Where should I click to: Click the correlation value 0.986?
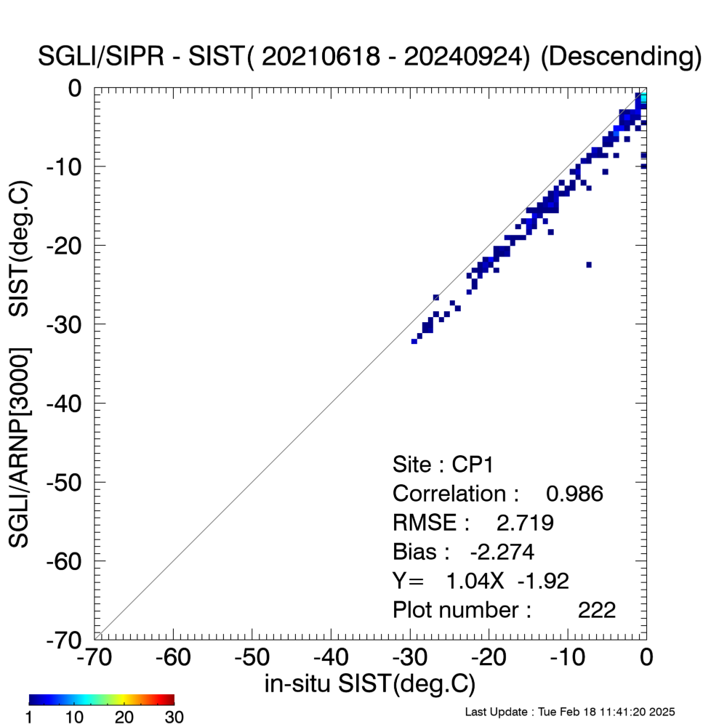click(x=574, y=494)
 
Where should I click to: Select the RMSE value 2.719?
click(x=525, y=523)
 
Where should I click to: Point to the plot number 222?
click(x=597, y=610)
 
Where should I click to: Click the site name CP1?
click(x=473, y=465)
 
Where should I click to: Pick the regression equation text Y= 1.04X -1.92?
click(x=481, y=581)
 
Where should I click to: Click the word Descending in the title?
click(x=622, y=57)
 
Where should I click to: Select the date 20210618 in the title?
click(x=321, y=57)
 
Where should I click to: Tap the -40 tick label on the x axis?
click(x=331, y=657)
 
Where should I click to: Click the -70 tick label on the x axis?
click(x=94, y=657)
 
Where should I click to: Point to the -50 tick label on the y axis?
click(x=64, y=482)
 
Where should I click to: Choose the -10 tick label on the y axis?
click(x=64, y=166)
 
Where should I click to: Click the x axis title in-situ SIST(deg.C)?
click(x=370, y=684)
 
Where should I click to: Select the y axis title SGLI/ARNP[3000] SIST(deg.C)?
click(x=20, y=364)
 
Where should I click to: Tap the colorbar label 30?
click(x=174, y=717)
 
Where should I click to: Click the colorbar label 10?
click(x=74, y=717)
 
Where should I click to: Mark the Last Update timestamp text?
click(x=570, y=712)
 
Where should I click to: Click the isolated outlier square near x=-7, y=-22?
click(x=589, y=265)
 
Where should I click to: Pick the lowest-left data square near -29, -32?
click(x=414, y=341)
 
